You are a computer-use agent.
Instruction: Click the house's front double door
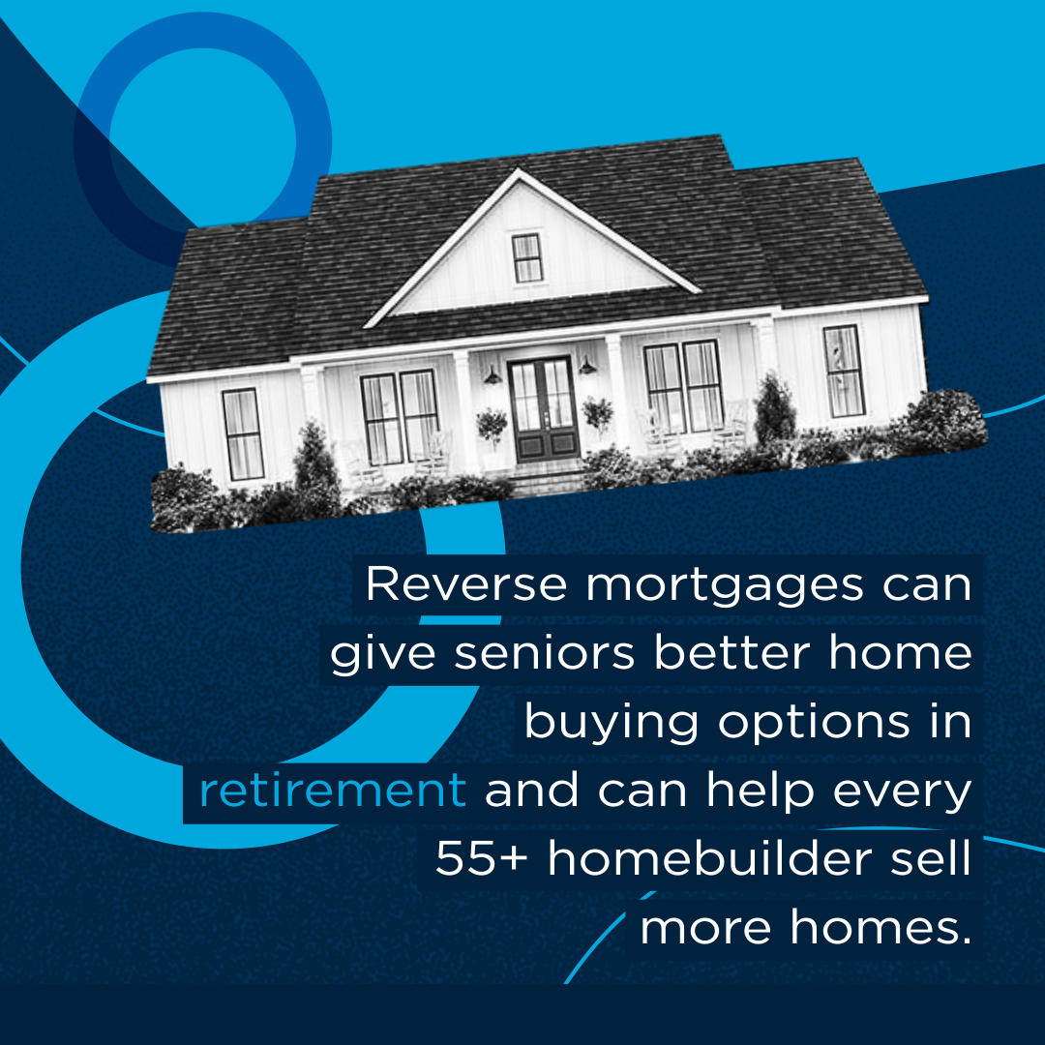click(544, 409)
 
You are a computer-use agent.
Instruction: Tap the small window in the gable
click(526, 257)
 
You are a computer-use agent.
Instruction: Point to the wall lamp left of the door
click(493, 376)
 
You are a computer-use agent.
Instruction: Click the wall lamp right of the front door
click(587, 365)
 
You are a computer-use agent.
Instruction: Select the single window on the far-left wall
click(243, 433)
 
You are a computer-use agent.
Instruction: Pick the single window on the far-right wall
click(843, 372)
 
